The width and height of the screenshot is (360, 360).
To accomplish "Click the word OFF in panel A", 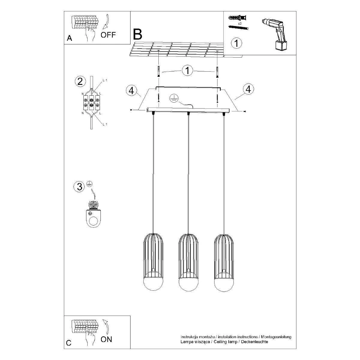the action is pos(108,35).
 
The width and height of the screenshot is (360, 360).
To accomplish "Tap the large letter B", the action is pos(137,34).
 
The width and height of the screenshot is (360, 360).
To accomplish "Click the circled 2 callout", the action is pos(80,82).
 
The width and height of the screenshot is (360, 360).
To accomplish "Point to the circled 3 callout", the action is pos(79,186).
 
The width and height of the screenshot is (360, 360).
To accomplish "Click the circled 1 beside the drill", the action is pos(236,43).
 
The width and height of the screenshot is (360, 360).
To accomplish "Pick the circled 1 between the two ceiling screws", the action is pos(187,70).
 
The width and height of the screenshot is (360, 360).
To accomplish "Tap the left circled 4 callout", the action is pos(131,91).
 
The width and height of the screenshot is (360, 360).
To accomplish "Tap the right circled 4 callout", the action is pos(248,89).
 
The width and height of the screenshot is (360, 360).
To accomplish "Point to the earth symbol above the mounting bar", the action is pos(174,98).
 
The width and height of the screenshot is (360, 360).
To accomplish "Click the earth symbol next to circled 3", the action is pos(90,184).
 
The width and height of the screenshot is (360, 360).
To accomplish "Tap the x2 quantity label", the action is pos(240,24).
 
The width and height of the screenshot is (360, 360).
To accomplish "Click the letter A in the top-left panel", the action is pos(70,38).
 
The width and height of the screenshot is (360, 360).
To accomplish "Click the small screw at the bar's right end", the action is pos(245,112).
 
